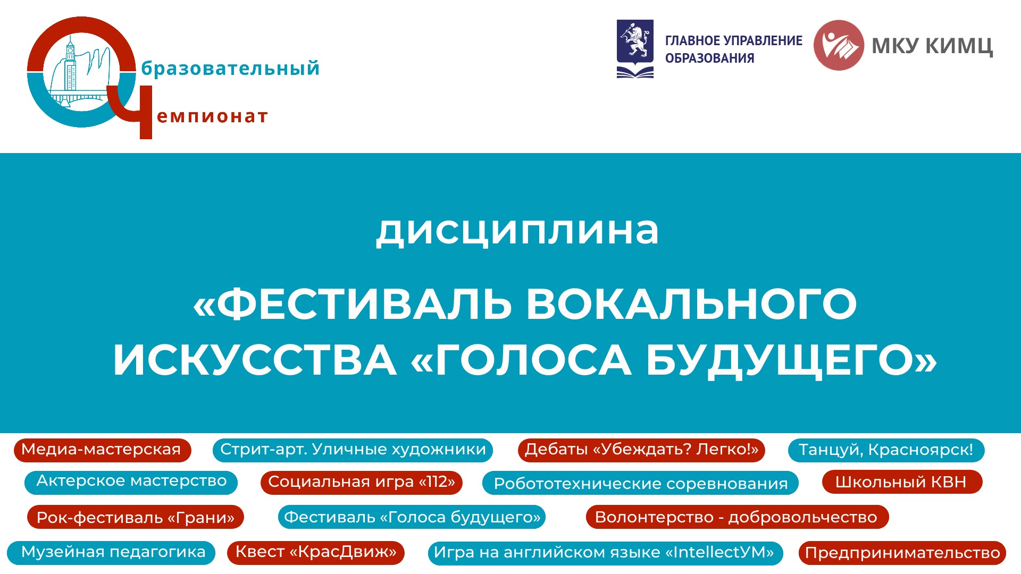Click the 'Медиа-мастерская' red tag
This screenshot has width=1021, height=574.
coord(102,450)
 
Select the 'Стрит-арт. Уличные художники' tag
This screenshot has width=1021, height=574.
coord(353,450)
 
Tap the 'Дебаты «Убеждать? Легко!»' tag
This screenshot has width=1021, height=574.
coord(641,450)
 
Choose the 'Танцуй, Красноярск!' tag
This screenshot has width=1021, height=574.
coord(886,450)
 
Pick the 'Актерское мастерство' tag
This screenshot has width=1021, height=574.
coord(131,482)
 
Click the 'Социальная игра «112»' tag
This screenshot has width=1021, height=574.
coord(362,482)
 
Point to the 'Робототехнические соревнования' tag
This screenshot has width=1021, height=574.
coord(640,483)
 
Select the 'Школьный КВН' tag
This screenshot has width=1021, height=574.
coord(902,482)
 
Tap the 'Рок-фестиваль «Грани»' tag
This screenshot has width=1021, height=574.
coord(136,517)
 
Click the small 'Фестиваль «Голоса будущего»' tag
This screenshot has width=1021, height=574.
coord(412,517)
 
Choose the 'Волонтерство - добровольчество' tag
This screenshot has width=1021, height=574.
coord(737,517)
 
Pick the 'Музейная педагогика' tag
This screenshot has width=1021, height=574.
coord(111,553)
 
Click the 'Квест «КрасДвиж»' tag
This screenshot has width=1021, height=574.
coord(316,553)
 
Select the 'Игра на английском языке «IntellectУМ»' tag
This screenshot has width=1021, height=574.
coord(605,553)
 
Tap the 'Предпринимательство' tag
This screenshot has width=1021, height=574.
coord(902,553)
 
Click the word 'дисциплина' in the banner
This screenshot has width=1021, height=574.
coord(517,231)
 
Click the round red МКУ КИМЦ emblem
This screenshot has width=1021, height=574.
coord(839,45)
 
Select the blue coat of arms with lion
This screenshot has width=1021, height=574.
coord(635,49)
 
